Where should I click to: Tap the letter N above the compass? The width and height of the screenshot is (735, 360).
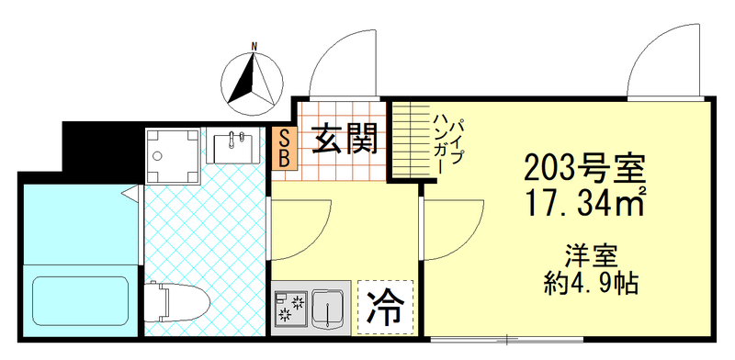tap(255, 46)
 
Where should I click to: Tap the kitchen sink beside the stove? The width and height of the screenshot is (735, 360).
tap(327, 308)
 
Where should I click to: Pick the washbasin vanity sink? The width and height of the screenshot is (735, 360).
tap(235, 147)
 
